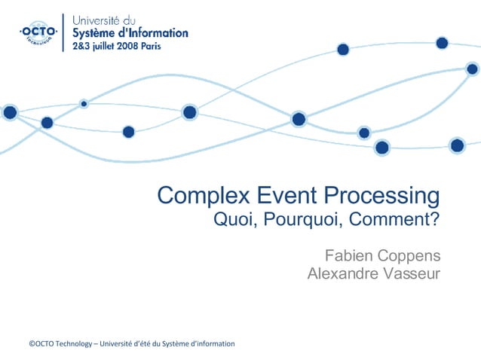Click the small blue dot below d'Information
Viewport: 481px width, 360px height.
tap(84, 103)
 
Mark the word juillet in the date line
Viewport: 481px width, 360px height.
tap(102, 45)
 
